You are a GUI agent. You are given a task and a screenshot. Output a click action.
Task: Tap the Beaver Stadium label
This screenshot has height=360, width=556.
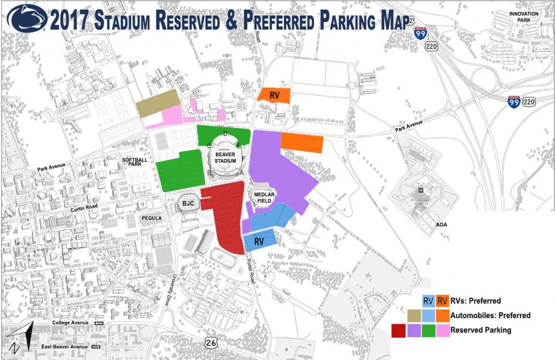click(225, 158)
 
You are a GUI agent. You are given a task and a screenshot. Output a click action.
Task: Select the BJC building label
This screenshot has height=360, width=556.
click(188, 204)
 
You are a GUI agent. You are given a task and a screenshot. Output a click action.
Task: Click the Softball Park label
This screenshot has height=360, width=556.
click(134, 163)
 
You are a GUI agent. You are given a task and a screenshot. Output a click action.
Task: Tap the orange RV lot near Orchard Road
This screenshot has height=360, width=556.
click(274, 94)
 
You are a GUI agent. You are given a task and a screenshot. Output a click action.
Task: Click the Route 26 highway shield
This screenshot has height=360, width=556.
click(211, 342)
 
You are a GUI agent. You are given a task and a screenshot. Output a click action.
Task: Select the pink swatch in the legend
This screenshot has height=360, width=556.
click(443, 330)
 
